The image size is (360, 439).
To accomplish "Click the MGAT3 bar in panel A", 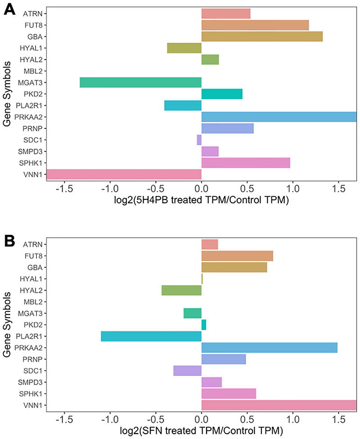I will coord(140,82).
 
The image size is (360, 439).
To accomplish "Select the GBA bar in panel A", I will coord(262,36).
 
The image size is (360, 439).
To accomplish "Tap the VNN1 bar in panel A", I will coord(124,174).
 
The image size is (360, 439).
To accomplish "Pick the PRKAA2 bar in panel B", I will coord(269,348).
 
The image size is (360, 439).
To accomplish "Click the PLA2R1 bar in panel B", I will coord(151,336).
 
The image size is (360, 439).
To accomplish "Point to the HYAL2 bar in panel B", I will coord(181,290).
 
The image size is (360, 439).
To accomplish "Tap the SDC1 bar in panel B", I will coord(187,371).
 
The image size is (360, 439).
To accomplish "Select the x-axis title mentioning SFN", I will coord(201,431).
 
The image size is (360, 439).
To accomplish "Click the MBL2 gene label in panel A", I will coord(32,71).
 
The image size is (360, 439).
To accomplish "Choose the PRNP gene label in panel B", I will coord(32,359).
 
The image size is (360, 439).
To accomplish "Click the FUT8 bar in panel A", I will coord(255,25).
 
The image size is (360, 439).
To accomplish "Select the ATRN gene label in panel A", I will coord(32,14).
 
